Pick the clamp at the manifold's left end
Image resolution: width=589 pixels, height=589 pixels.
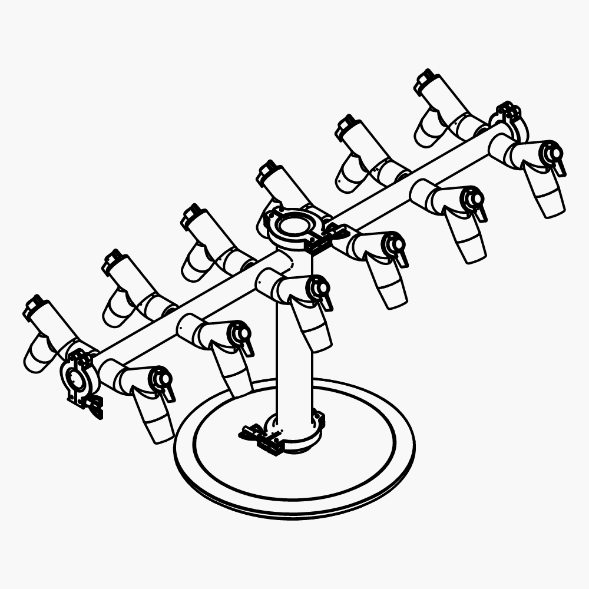coord(78,377)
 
